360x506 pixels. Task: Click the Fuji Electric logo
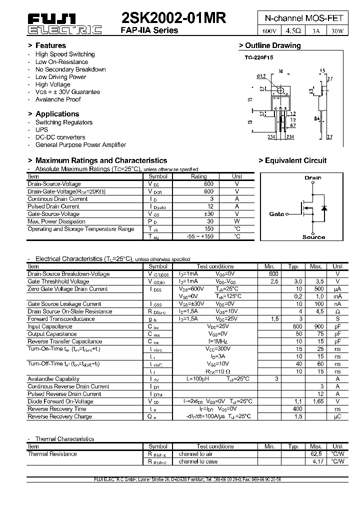click(x=63, y=24)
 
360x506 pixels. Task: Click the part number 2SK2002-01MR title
click(x=173, y=18)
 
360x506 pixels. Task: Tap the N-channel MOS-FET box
click(x=303, y=18)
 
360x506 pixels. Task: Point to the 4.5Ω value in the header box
click(x=292, y=30)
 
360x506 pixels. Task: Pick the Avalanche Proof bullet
click(x=58, y=99)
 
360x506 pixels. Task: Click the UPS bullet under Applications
click(x=42, y=129)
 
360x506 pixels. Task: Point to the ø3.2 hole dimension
click(x=261, y=76)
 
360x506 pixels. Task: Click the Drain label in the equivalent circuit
click(x=312, y=177)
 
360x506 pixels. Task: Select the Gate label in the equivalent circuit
click(x=276, y=214)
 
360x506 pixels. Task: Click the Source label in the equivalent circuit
click(x=313, y=237)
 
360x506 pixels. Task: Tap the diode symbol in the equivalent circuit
click(x=323, y=207)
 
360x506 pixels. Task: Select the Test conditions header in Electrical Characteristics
click(x=215, y=266)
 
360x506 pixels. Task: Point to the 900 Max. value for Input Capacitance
click(x=315, y=326)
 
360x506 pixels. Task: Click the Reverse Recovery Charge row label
click(x=59, y=416)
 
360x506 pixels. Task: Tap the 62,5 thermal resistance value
click(x=315, y=454)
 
